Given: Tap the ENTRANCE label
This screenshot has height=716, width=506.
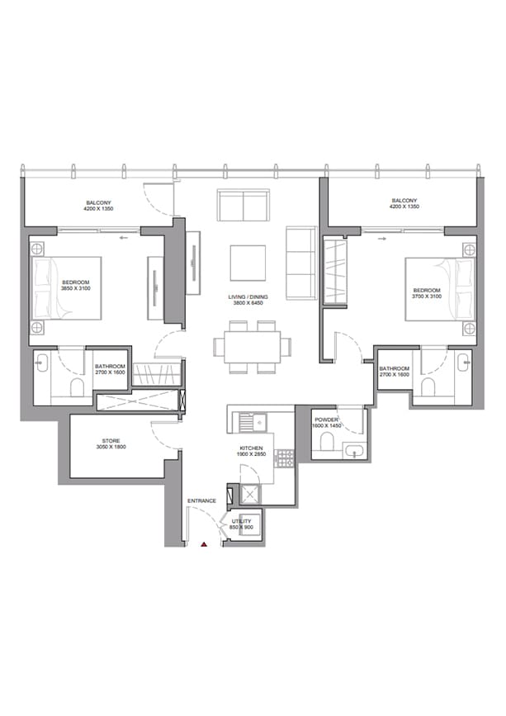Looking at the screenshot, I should pos(201,501).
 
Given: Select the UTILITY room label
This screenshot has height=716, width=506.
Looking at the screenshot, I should pos(242,522).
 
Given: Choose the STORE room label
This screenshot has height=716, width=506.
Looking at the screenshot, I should pos(111,441).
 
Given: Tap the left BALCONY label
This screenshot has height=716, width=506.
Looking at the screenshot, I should pos(98,202).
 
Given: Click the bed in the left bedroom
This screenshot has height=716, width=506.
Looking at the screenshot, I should pos(66,287).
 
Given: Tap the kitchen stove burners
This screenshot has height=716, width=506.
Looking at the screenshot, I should pos(284,458).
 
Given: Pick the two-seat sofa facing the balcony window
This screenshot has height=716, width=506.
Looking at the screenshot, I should pos(243,205).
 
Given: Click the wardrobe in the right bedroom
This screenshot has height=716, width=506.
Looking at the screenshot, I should pos(334,269).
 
